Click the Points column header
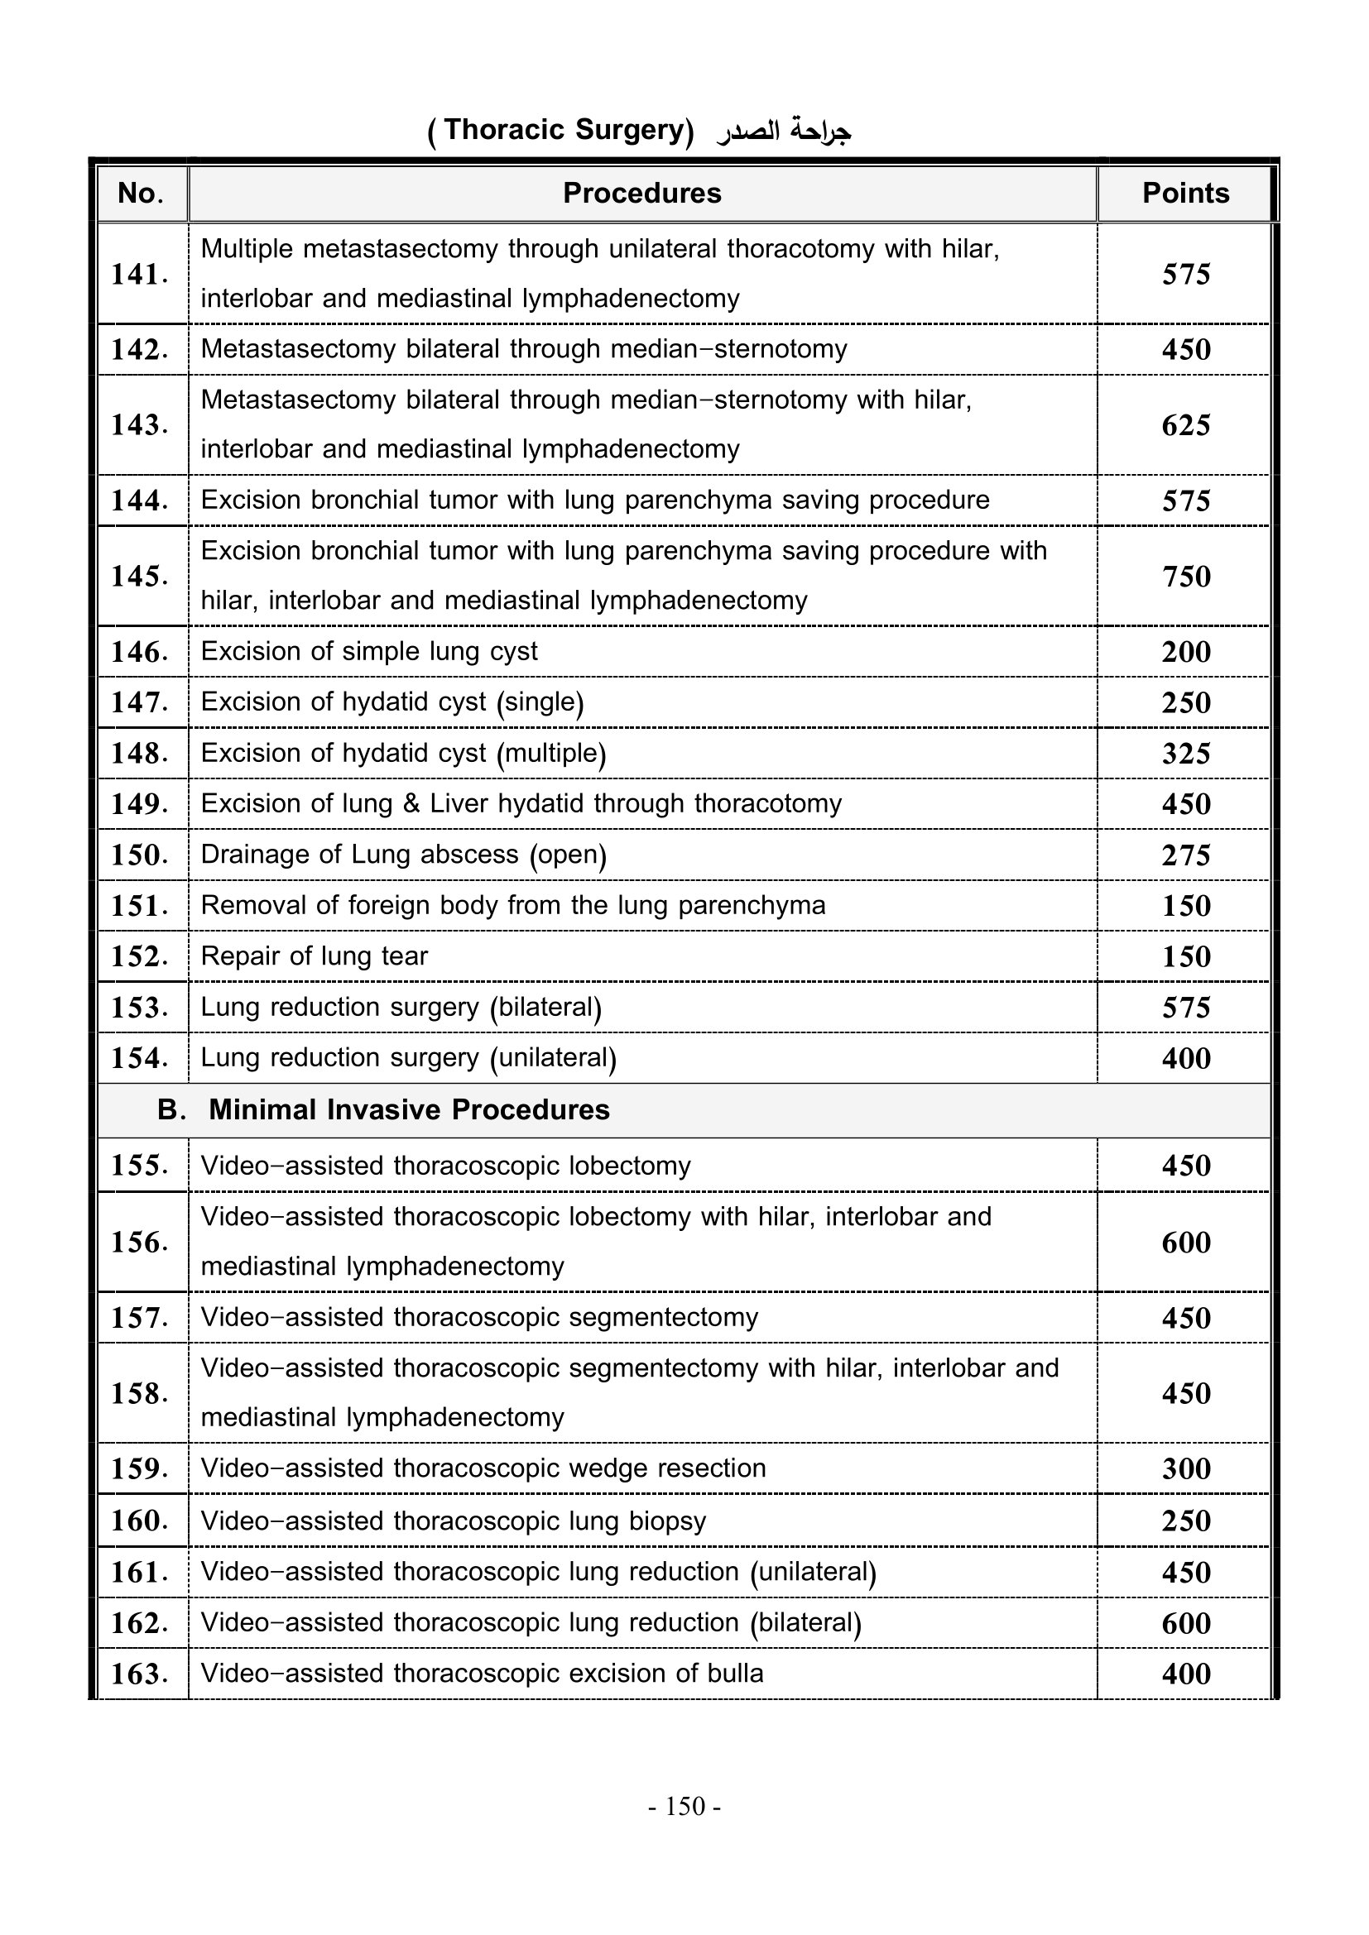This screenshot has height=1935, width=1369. pos(1184,194)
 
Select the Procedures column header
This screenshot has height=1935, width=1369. pos(641,194)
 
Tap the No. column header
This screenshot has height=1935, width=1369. pos(141,194)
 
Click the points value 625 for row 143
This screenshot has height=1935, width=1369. pos(1185,424)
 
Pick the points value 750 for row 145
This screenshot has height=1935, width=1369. pos(1185,577)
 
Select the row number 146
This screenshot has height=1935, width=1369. pos(140,652)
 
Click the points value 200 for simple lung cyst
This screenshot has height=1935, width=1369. pos(1185,652)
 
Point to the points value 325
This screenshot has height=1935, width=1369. pos(1185,754)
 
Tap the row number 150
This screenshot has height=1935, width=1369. pos(140,855)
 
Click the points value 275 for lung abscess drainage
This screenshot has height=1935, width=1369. pos(1185,855)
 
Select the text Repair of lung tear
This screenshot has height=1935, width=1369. pos(314,956)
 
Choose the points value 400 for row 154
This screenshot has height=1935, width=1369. pos(1185,1059)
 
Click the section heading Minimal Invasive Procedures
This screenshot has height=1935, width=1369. pos(409,1110)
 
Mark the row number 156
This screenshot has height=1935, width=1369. pos(140,1243)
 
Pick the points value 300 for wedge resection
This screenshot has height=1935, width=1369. pos(1185,1469)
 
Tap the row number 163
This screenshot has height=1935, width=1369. pos(140,1674)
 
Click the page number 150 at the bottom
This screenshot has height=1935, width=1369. pos(684,1807)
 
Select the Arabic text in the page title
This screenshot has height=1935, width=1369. pos(783,132)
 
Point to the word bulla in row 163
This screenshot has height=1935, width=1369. pos(735,1673)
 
